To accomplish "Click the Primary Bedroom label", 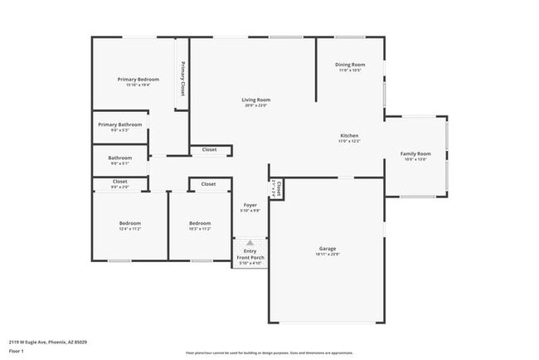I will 138,79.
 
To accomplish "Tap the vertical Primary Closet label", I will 182,80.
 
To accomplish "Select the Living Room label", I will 255,100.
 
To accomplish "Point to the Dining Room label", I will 350,65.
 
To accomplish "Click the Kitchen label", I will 350,135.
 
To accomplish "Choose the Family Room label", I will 415,153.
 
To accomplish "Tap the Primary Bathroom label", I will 119,124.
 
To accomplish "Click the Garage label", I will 328,248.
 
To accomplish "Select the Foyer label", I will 250,205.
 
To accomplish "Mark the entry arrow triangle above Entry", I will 250,242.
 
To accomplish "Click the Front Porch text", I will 250,258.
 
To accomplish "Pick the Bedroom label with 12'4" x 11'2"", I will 129,222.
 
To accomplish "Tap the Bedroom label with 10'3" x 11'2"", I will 200,222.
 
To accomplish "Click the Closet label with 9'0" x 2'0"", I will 119,181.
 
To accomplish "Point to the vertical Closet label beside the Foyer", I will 278,187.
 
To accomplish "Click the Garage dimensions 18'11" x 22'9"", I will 328,255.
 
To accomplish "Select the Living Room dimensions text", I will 255,105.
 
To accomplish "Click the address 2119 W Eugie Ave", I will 48,342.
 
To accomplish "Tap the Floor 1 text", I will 17,352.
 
